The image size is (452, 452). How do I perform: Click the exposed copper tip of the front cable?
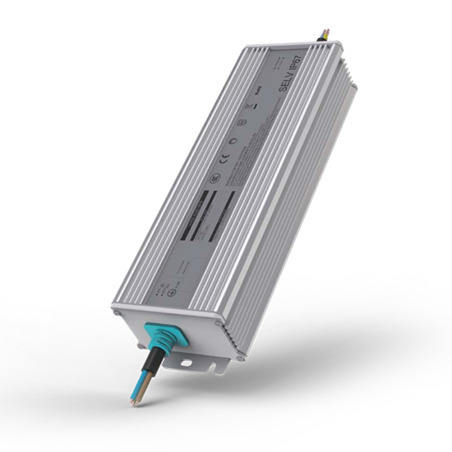tap(132, 404)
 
